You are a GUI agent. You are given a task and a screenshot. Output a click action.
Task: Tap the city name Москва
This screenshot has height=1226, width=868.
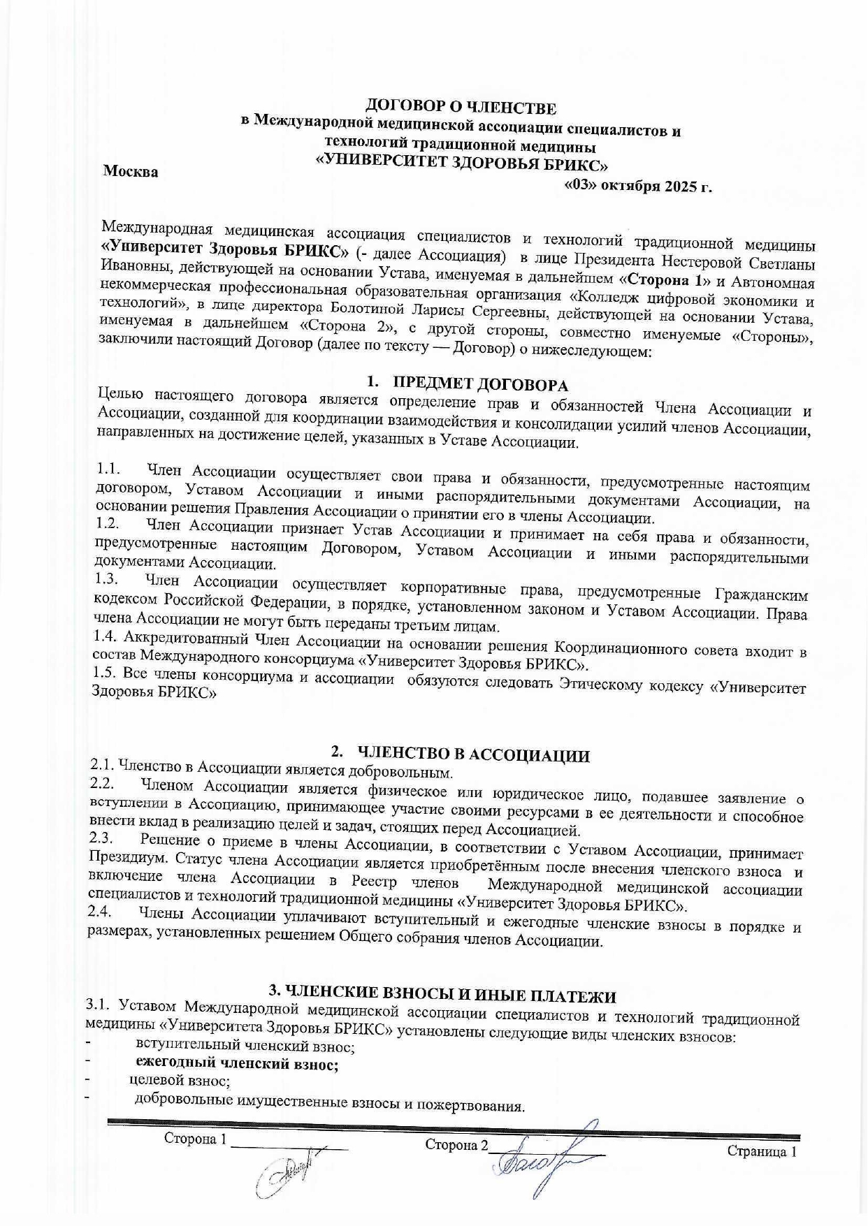[131, 172]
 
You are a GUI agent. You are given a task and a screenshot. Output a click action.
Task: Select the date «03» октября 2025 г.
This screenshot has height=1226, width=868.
[637, 187]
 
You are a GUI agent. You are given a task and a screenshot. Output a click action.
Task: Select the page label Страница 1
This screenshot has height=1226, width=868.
[761, 1151]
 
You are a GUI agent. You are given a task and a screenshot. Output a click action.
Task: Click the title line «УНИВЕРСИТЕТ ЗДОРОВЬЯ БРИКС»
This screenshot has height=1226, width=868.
[462, 166]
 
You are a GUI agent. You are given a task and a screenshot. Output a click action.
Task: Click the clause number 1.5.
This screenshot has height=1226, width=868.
[105, 673]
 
